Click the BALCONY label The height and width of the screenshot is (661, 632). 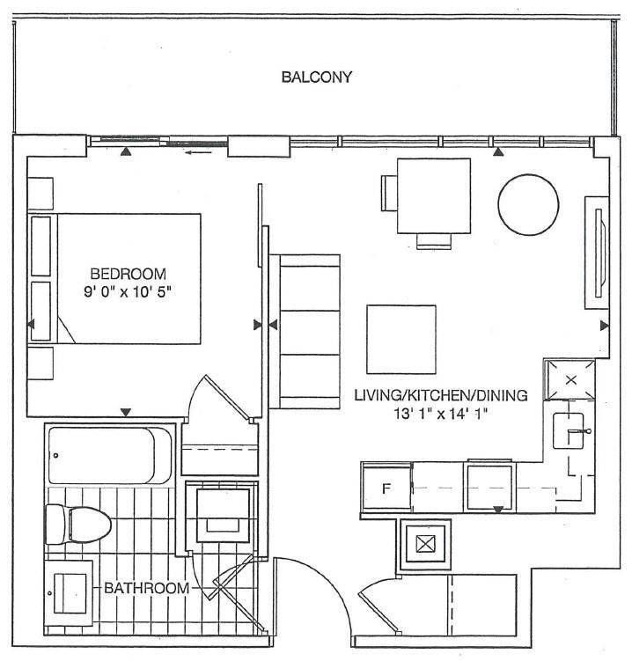click(316, 77)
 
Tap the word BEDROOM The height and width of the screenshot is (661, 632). click(129, 274)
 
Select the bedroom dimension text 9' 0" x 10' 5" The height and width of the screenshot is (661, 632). click(129, 291)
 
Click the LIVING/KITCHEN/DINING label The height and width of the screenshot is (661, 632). click(441, 395)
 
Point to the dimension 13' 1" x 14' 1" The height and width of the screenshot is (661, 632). click(441, 414)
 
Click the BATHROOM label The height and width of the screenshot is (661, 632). click(146, 588)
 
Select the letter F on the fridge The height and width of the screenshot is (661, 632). click(386, 488)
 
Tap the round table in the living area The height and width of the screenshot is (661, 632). click(528, 205)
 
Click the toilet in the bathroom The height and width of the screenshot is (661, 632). click(78, 525)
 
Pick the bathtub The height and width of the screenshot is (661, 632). click(110, 456)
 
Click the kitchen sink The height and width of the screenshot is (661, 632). click(568, 430)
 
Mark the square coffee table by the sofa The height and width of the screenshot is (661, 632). click(401, 340)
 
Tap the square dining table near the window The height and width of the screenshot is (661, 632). click(434, 195)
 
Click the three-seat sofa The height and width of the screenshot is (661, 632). click(305, 331)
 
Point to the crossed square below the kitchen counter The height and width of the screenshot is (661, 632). click(425, 544)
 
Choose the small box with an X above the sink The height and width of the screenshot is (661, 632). click(570, 380)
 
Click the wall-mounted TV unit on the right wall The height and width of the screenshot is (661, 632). click(597, 253)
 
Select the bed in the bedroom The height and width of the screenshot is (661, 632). click(114, 279)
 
